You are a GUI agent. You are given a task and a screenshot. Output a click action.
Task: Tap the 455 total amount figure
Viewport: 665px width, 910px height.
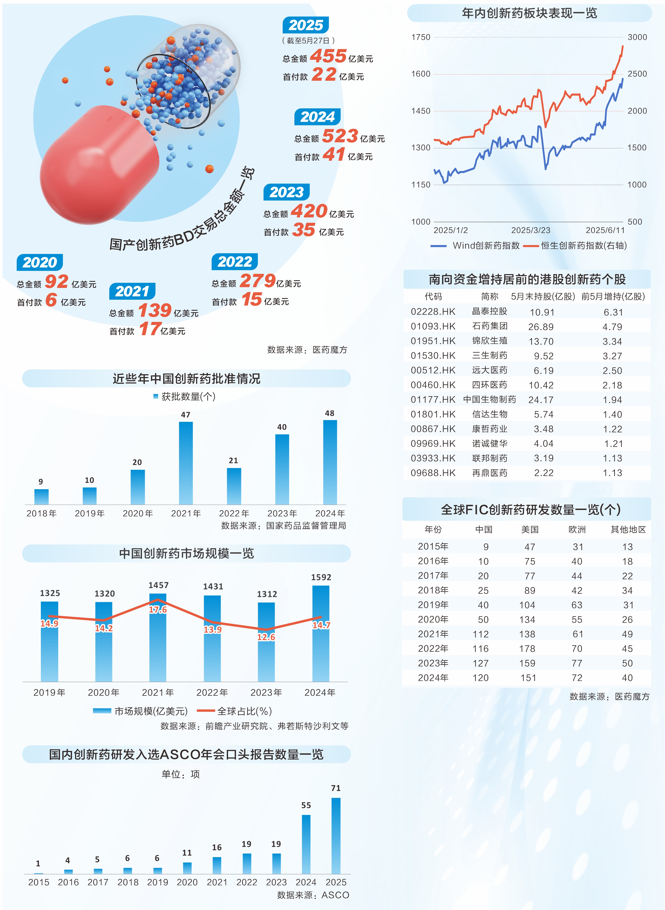point(328,56)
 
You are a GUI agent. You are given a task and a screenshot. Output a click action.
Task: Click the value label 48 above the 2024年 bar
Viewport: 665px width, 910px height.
point(330,413)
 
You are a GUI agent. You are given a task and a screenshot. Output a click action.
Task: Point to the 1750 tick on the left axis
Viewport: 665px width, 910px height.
point(421,37)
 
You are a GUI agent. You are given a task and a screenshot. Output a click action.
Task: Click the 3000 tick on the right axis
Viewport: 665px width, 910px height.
point(637,37)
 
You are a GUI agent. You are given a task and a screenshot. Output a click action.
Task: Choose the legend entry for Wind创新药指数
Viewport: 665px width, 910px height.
point(475,246)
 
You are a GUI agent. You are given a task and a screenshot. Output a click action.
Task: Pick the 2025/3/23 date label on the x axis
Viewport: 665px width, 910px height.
point(531,230)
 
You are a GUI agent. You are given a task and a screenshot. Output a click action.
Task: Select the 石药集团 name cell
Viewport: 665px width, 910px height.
point(490,326)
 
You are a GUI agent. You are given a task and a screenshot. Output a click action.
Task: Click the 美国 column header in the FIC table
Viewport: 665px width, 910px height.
point(530,530)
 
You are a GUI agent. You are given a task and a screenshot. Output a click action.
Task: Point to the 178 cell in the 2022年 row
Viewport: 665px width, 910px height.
point(527,649)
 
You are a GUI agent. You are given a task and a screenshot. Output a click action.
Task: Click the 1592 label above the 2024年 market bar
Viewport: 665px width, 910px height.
point(321,577)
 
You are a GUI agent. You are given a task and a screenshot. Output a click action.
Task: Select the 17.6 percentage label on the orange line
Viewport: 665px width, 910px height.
point(158,610)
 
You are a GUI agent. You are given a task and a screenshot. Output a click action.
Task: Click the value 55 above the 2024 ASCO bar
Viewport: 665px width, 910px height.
point(306,805)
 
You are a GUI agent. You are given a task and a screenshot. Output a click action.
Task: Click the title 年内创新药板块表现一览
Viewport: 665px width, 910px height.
point(529,13)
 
